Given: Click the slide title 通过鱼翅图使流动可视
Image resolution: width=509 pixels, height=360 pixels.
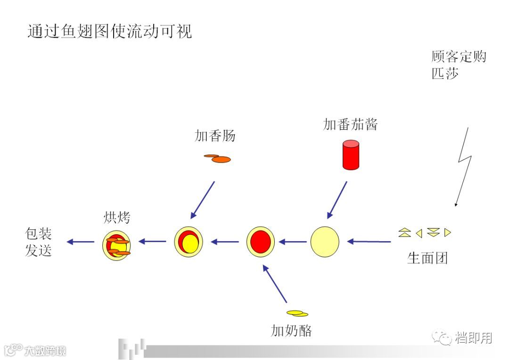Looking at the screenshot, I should (x=110, y=32).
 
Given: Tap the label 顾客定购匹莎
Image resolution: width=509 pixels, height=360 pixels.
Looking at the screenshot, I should (x=458, y=65).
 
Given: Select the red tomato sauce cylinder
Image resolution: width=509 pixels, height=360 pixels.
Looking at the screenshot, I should (x=350, y=155).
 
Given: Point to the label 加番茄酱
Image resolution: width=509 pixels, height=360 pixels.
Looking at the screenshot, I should (x=350, y=124).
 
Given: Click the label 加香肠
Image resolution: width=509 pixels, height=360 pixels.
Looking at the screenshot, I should (x=215, y=136).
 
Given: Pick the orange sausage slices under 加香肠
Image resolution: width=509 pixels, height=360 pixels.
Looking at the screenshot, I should (x=218, y=159).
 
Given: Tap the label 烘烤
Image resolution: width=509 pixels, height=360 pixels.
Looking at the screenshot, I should (x=116, y=218).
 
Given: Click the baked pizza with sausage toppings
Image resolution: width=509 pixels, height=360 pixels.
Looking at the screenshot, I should (x=116, y=245).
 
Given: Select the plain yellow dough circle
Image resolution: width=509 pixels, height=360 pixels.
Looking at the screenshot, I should (x=325, y=242).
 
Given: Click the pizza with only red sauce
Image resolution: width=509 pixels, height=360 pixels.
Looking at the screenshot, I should (x=261, y=242).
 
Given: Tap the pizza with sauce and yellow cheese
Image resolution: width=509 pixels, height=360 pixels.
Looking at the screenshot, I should (x=189, y=242).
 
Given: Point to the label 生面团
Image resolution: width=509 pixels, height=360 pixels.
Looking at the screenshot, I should (x=427, y=258).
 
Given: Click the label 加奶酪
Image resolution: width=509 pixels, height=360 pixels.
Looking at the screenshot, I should (x=291, y=330).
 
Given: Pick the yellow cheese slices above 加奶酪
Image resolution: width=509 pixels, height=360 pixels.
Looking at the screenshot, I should (x=297, y=313).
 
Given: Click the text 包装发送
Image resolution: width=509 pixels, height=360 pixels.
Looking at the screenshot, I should (x=38, y=242).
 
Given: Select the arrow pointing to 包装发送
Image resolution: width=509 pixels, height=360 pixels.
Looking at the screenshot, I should (x=81, y=242).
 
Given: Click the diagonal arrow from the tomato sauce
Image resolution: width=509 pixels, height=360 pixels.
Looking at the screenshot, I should (x=337, y=200).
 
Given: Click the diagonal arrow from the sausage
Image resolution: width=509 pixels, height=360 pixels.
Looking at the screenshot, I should (x=203, y=200).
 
